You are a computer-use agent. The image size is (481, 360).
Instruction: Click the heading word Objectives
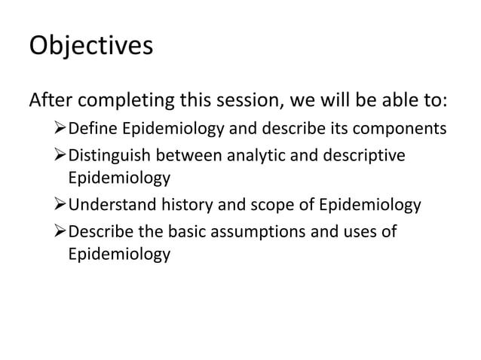coord(90,45)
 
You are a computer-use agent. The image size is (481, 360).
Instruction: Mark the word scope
coord(274,206)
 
